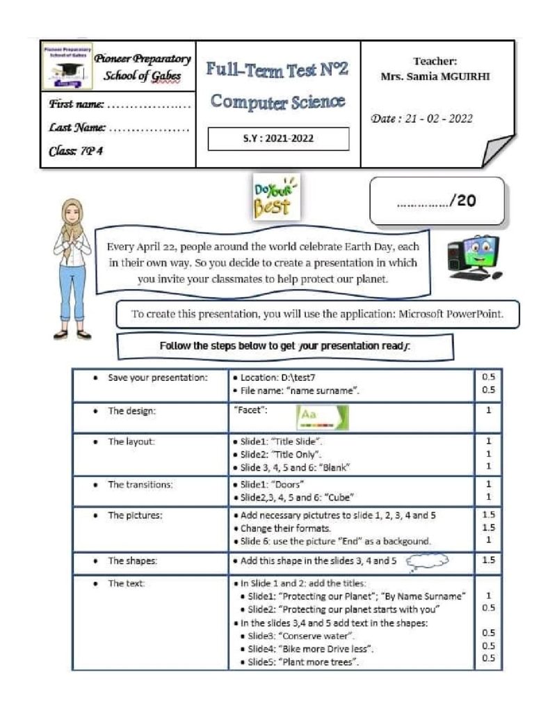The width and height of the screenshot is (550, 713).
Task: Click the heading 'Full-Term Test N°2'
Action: pos(277,70)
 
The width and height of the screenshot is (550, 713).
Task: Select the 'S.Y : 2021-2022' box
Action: pos(278,139)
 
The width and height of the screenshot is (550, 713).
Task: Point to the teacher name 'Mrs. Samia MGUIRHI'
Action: pos(435,77)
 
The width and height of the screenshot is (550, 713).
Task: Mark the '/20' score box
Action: pos(437,201)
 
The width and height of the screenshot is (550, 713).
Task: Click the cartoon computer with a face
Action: pos(475,256)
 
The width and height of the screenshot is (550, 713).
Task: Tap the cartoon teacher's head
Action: pos(72,213)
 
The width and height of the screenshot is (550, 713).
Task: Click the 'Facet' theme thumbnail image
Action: pos(323,417)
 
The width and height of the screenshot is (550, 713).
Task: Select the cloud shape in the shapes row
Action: pos(426,560)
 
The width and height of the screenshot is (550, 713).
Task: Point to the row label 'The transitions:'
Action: pos(140,485)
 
